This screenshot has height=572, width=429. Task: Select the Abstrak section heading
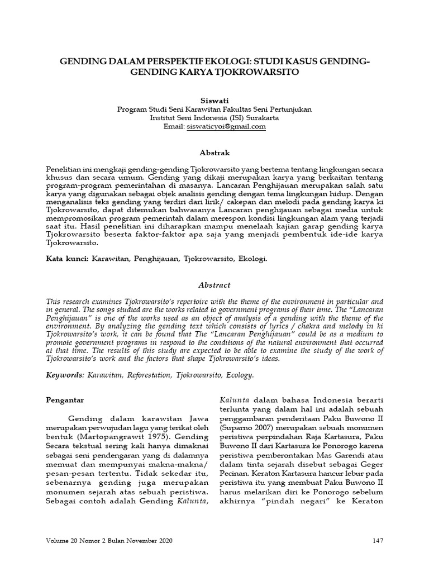click(214, 152)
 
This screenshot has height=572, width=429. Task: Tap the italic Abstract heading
click(214, 284)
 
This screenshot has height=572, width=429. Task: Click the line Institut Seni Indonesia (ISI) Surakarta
click(214, 118)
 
